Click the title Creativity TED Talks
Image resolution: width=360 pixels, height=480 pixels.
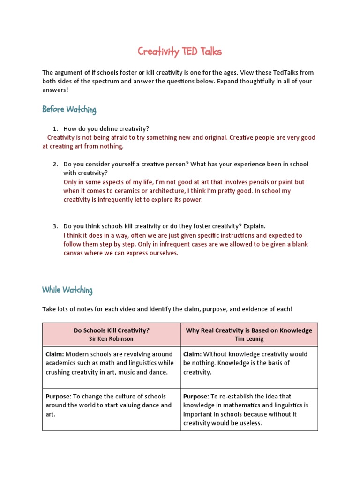tap(180, 52)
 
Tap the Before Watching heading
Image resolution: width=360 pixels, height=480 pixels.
tap(69, 110)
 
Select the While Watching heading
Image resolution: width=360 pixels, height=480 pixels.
tap(67, 290)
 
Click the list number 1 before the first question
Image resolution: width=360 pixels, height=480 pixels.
tap(55, 128)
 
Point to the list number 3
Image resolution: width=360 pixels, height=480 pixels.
tap(55, 226)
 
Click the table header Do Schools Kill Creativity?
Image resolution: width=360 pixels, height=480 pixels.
tap(111, 330)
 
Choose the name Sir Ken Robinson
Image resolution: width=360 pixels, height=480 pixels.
tap(111, 338)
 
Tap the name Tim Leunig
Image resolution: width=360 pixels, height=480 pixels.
tap(249, 338)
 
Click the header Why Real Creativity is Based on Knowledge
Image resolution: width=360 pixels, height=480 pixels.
tap(249, 330)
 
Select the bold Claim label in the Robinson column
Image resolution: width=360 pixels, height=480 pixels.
tap(55, 354)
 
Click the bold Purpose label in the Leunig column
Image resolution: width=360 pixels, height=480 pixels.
tap(197, 397)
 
